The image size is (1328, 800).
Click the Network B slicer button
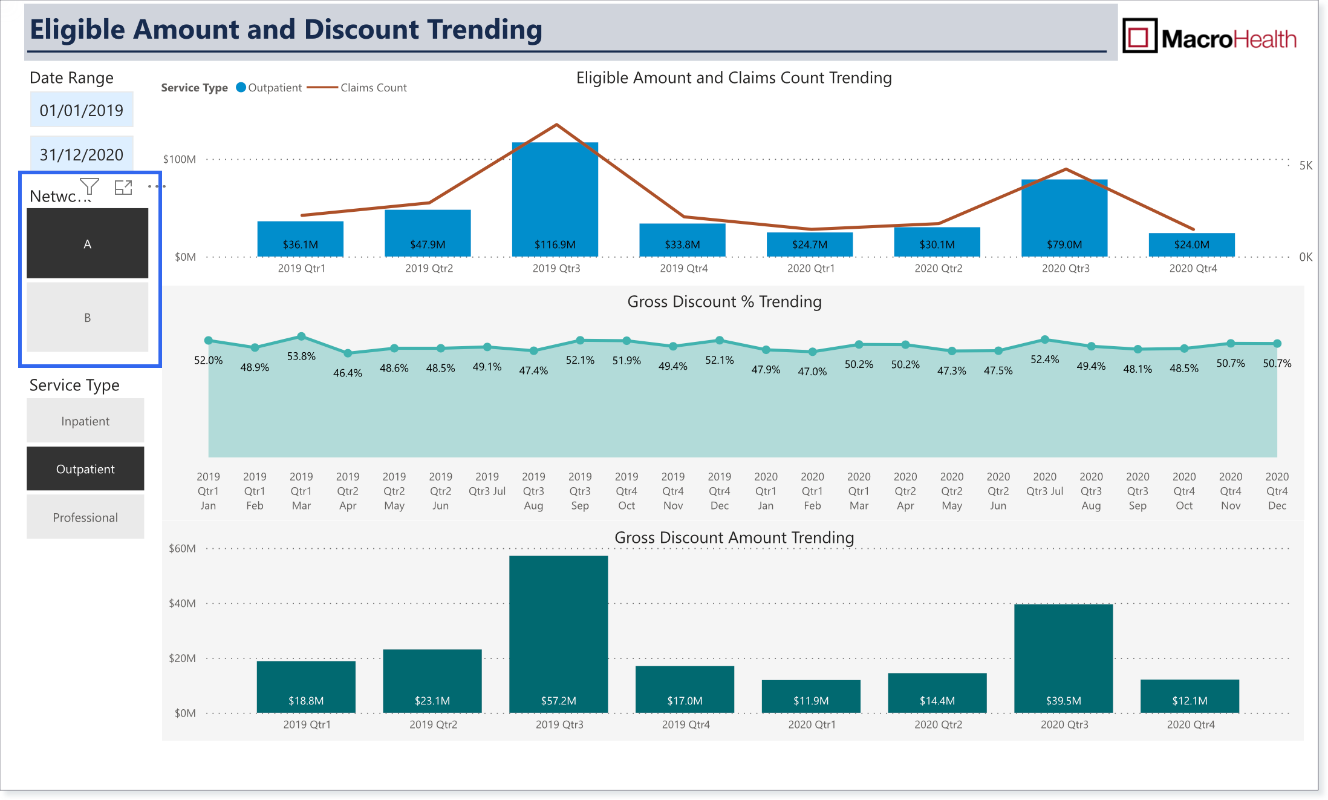87,317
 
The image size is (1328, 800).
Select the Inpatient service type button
85,421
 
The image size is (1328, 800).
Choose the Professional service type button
85,517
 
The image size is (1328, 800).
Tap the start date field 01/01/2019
82,110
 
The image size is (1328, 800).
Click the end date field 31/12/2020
82,154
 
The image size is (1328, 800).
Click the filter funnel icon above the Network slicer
90,187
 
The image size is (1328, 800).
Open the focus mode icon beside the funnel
123,188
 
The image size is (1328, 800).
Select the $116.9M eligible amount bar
555,200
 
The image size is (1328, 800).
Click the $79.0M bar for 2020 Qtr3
1064,218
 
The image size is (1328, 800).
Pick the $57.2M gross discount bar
559,634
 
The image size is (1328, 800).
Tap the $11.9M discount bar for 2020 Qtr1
811,697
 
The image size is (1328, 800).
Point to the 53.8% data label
301,356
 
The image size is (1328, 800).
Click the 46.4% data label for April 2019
348,373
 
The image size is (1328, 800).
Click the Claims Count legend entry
357,88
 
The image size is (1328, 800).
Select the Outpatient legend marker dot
241,87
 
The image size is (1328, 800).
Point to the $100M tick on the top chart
180,159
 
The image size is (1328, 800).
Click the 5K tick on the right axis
1306,165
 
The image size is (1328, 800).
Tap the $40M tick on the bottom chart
182,603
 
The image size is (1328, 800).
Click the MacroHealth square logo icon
1140,36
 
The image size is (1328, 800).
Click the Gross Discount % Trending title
724,301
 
